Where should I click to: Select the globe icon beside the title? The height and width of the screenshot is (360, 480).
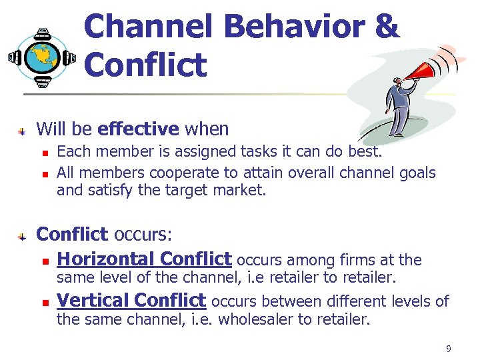41,58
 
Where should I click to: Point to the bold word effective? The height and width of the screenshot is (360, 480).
138,129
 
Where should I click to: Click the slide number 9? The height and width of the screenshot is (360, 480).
449,348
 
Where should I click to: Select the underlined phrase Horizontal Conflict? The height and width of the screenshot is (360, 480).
144,259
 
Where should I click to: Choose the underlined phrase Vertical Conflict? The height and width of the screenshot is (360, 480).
131,301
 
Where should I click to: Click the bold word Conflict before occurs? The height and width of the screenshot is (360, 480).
72,235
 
